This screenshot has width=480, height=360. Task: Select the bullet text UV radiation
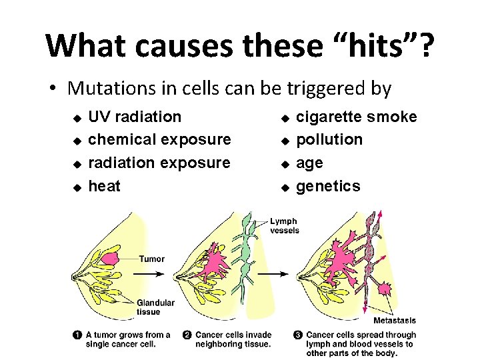click(x=135, y=117)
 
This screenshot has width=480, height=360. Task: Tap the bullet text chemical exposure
click(x=159, y=139)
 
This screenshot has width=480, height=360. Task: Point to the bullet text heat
click(x=105, y=186)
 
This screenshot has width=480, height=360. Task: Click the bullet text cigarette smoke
click(x=356, y=117)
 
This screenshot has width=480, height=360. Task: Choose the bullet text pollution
click(x=329, y=139)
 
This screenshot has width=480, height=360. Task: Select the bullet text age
click(x=309, y=163)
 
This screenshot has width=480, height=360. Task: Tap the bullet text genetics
click(x=327, y=186)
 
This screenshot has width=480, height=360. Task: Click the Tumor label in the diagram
click(x=152, y=259)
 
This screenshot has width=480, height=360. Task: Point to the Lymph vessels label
click(x=284, y=225)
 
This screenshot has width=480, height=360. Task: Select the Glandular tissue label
click(x=155, y=307)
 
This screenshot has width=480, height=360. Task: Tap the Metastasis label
click(x=394, y=321)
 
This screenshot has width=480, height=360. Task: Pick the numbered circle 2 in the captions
click(x=188, y=335)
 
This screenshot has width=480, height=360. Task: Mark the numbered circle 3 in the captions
click(x=298, y=335)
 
